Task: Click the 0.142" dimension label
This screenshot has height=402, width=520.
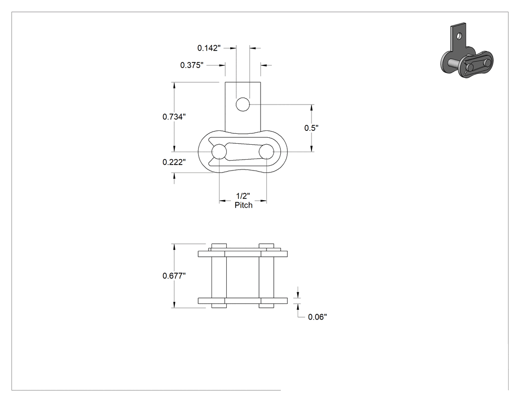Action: tap(209, 48)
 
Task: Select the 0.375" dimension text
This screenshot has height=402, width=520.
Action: tap(192, 65)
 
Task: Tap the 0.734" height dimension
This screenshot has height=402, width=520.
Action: tap(174, 117)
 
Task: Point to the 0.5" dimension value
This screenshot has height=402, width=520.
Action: tap(312, 128)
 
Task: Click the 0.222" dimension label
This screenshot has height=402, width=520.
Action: tap(174, 162)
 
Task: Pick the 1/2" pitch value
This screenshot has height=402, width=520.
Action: tap(243, 196)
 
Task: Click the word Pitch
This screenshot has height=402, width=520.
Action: tap(244, 205)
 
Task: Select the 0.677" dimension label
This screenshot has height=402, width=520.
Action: tap(174, 276)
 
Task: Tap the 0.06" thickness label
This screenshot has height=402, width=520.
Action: tap(317, 317)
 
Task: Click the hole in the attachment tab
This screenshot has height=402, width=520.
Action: tap(243, 105)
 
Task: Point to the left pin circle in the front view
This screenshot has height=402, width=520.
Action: tap(219, 152)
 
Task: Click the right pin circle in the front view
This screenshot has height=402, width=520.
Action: tap(266, 152)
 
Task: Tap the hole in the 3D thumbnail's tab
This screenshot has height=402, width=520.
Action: tap(459, 35)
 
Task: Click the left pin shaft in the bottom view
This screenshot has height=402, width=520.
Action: tap(219, 276)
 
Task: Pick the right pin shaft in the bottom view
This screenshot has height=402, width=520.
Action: tap(266, 276)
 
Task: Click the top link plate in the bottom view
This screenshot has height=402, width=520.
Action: tap(243, 254)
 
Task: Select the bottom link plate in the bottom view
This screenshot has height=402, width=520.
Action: tap(243, 301)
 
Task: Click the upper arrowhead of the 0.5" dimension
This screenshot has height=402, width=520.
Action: tap(312, 108)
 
